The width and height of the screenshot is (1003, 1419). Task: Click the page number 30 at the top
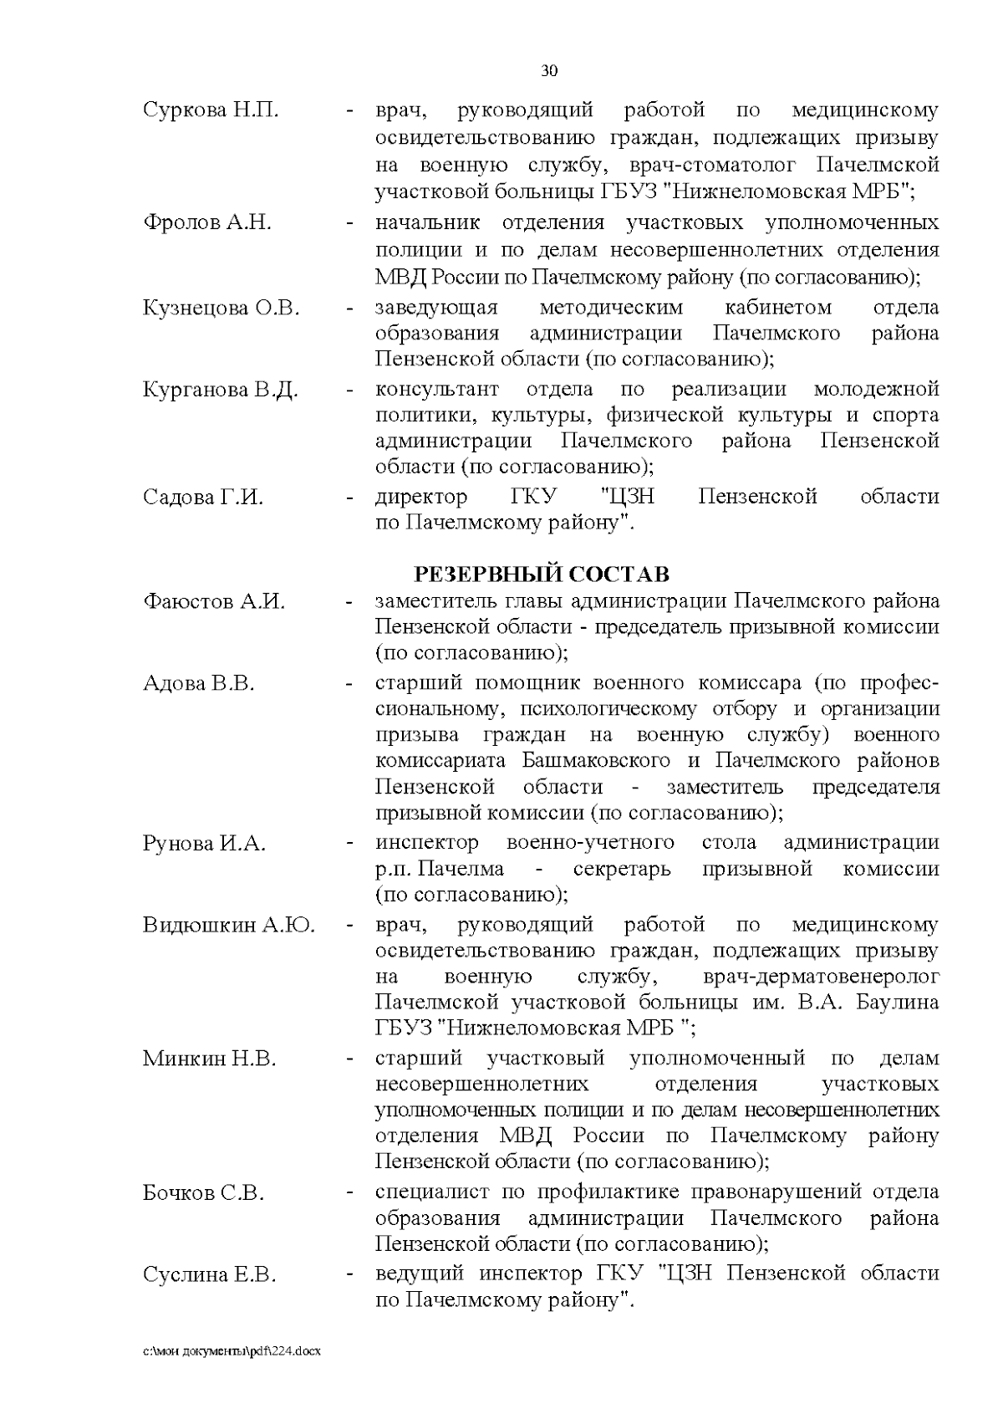click(x=549, y=71)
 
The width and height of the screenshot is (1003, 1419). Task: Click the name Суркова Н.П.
click(x=210, y=110)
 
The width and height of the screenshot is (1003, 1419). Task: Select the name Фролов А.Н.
click(x=206, y=223)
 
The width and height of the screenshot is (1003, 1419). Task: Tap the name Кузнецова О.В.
click(x=221, y=308)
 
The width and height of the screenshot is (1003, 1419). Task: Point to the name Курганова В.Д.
click(x=221, y=390)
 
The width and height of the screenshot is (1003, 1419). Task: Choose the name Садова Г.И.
click(x=203, y=498)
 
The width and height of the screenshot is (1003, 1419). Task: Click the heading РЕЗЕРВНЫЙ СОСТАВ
click(x=542, y=574)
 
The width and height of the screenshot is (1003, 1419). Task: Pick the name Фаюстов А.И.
click(x=214, y=601)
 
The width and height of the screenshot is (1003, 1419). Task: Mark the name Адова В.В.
click(x=198, y=683)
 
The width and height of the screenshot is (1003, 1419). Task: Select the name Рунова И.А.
click(x=204, y=843)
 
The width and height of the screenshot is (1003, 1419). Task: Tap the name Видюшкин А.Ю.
click(x=228, y=925)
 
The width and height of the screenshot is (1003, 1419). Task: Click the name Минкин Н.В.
click(x=209, y=1059)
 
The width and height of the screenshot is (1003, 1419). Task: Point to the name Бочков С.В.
click(x=203, y=1193)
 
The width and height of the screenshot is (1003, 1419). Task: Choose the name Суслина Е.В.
click(x=209, y=1275)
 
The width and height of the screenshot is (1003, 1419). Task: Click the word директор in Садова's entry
click(x=421, y=498)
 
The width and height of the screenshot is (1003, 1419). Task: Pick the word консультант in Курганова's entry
click(x=436, y=390)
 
